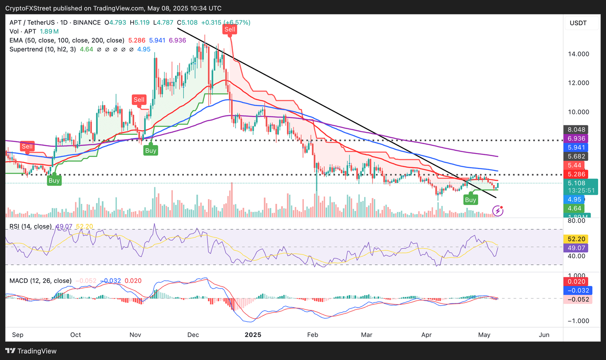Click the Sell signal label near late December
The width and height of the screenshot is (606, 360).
click(230, 29)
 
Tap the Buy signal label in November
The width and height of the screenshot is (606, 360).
click(151, 150)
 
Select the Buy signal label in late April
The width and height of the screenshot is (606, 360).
click(470, 200)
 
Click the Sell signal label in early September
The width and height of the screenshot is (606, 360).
click(27, 146)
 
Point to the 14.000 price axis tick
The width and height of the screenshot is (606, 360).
click(578, 54)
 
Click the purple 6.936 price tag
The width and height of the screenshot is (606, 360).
click(576, 138)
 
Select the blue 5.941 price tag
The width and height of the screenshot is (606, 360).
click(576, 147)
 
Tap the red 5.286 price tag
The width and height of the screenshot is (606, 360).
click(576, 174)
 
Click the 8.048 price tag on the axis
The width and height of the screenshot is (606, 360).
click(576, 129)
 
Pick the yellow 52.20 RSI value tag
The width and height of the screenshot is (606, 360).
click(576, 239)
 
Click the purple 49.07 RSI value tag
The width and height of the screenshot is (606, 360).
click(576, 248)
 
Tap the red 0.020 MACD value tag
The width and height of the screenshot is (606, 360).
click(576, 282)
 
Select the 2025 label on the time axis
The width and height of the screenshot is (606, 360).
click(253, 335)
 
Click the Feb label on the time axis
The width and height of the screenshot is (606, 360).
click(312, 335)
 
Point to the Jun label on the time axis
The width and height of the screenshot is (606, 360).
click(544, 335)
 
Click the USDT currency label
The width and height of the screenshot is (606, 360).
click(578, 23)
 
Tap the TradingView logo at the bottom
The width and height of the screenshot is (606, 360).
click(31, 351)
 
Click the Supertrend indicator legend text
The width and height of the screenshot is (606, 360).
click(43, 49)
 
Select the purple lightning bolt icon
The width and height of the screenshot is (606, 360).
click(498, 211)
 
